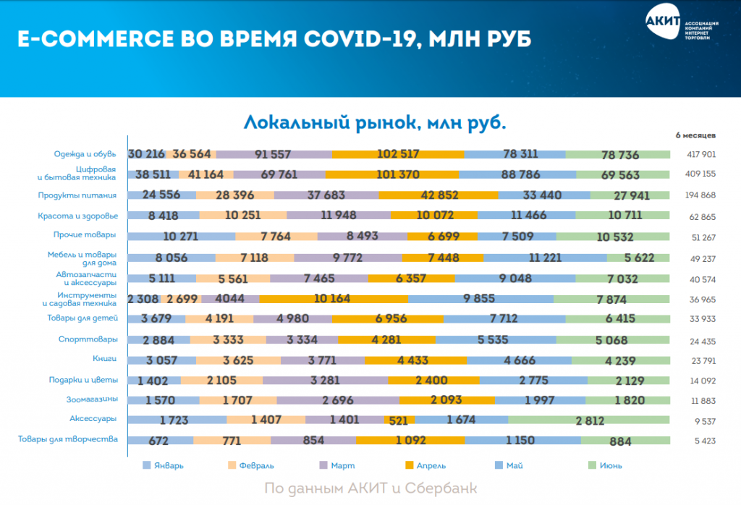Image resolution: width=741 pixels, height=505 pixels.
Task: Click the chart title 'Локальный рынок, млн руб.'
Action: [374, 121]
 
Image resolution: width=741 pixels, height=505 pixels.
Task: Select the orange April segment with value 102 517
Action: [398, 154]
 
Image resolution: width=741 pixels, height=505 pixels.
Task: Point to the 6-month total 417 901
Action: [700, 154]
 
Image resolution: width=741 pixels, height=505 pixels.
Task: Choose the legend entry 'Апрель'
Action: [436, 465]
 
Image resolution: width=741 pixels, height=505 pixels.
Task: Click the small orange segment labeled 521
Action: [401, 419]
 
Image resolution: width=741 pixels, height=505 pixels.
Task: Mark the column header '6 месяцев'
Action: [695, 135]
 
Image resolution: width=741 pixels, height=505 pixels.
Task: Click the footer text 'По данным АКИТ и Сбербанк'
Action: [371, 488]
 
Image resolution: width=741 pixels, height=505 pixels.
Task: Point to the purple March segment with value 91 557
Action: [274, 154]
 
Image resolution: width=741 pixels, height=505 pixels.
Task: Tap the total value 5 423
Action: [700, 439]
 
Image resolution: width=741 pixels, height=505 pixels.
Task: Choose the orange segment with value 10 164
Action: [333, 299]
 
